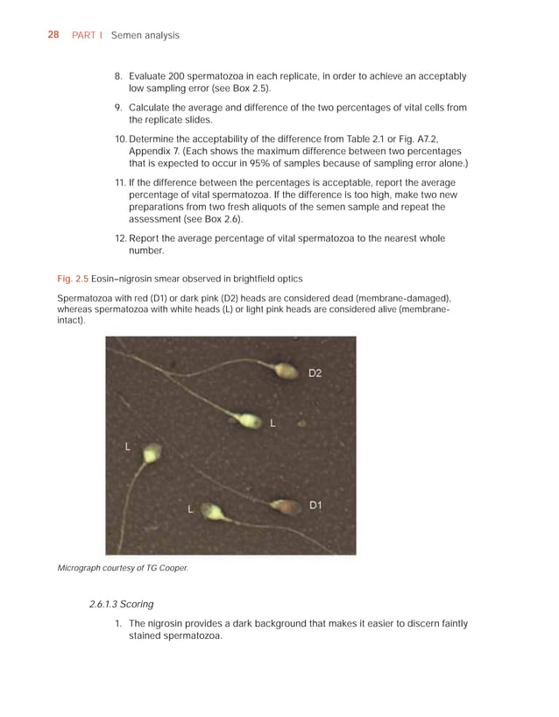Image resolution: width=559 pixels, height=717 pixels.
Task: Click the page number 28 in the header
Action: coord(53,35)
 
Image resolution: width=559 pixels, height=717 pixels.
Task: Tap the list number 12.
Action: coord(121,238)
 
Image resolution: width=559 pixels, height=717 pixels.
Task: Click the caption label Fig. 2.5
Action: coord(72,279)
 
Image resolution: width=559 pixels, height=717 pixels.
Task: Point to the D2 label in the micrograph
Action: coord(315,373)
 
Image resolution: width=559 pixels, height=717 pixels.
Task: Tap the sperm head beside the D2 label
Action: coord(286,372)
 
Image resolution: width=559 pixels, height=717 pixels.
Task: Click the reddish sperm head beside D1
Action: coord(284,507)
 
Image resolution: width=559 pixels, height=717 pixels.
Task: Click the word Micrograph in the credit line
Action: coord(81,568)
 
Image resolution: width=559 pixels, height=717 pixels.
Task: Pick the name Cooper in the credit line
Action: coord(173,568)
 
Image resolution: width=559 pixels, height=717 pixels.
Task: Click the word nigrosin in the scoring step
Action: coord(170,624)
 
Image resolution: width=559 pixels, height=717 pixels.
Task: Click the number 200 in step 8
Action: coord(188,77)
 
